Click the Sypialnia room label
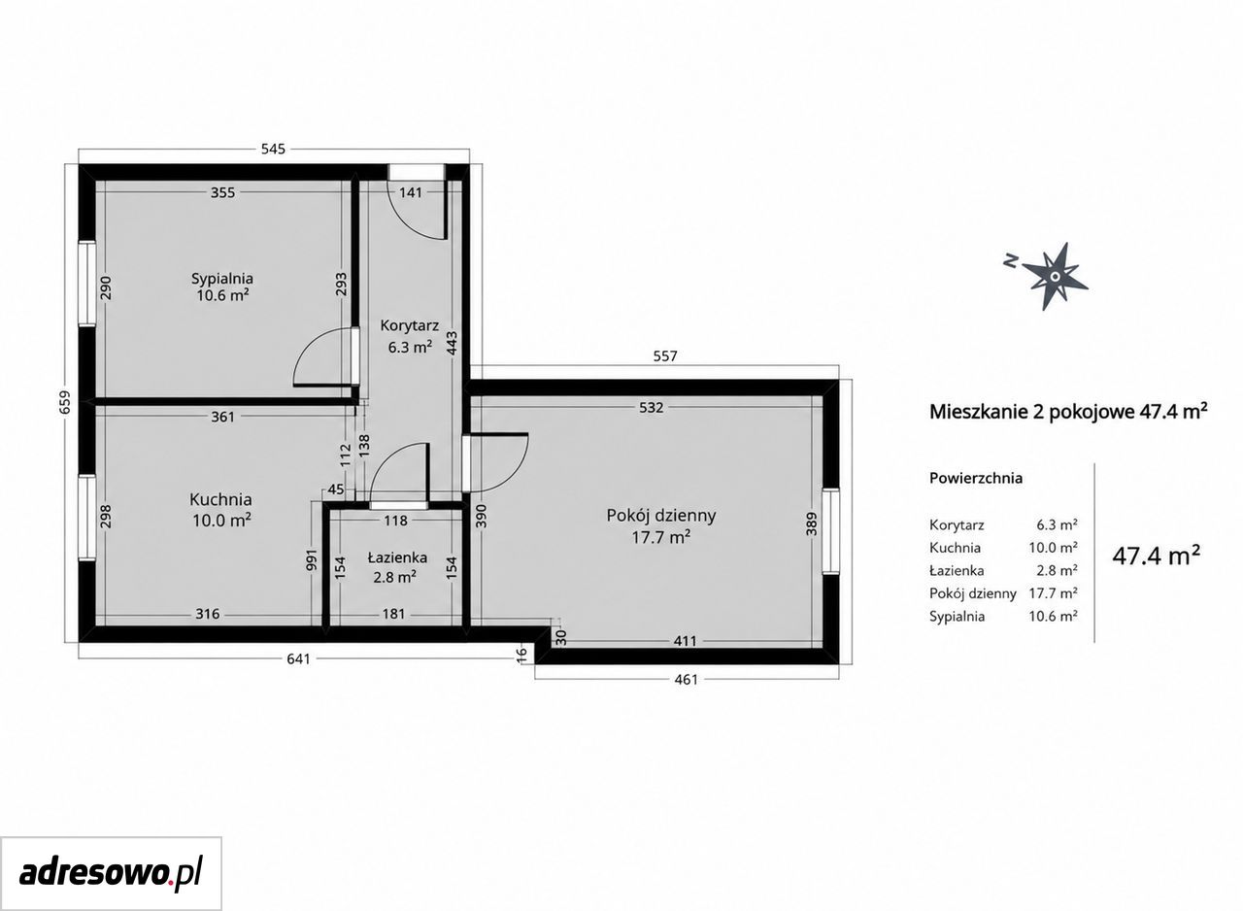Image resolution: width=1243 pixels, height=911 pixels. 222,278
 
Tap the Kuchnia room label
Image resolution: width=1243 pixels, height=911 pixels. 220,499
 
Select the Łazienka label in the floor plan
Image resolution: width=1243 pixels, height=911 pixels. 397,557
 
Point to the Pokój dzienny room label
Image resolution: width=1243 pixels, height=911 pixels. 661,516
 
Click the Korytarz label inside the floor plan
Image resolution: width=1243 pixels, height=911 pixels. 410,325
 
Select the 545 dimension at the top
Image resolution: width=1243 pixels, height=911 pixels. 273,149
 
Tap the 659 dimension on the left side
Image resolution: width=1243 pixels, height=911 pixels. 65,402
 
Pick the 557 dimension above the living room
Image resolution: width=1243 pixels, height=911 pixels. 665,355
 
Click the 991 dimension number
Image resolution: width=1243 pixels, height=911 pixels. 311,559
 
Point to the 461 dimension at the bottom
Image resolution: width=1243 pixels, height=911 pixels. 687,679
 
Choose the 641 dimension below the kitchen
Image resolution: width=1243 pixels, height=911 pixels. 298,658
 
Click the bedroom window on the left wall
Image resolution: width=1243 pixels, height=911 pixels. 86,284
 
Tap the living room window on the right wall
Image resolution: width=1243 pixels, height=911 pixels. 830,531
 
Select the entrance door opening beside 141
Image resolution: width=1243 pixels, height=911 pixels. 417,172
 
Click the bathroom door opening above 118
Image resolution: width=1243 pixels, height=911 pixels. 398,505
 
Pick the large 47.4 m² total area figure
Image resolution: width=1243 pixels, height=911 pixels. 1157,556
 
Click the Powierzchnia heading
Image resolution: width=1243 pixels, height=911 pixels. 976,478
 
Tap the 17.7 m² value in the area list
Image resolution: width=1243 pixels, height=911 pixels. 1054,593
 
